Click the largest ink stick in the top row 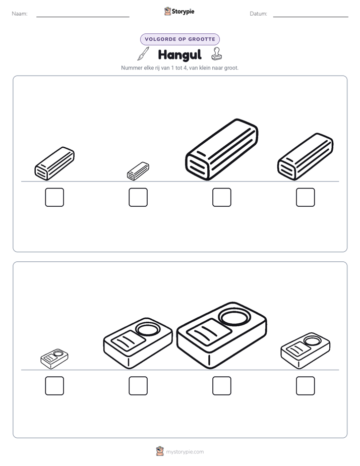221,149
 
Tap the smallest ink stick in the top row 138,171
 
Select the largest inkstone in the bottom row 221,335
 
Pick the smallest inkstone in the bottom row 54,359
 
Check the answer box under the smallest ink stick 138,197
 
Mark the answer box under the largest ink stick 222,197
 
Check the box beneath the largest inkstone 222,386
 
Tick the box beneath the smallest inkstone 54,386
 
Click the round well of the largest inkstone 234,317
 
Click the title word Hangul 179,54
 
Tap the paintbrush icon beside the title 143,54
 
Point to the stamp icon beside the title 216,54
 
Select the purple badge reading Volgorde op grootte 180,39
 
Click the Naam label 20,14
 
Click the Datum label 259,14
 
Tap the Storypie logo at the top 179,11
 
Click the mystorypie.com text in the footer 185,452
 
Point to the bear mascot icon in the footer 160,451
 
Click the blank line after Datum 311,17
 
